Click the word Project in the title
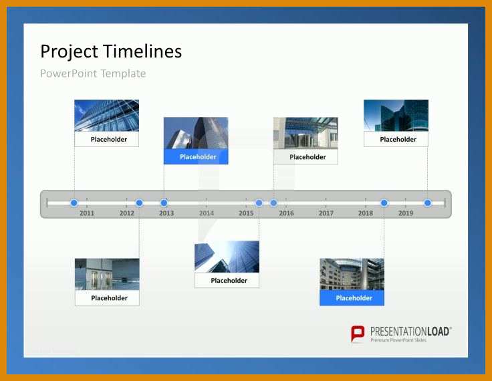click(69, 51)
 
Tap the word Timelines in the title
click(142, 51)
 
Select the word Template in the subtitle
click(123, 74)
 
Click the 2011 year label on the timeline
click(87, 213)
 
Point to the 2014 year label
click(206, 213)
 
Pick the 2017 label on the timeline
click(326, 213)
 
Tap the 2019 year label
click(406, 213)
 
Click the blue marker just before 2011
click(74, 203)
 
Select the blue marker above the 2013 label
click(164, 203)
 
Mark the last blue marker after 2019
click(427, 203)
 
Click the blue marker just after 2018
click(384, 203)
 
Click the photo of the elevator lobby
click(107, 274)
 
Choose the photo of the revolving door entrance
click(305, 133)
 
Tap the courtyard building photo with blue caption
click(352, 274)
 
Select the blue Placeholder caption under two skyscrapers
click(196, 156)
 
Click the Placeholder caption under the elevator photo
click(107, 298)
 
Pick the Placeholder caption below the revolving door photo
click(305, 156)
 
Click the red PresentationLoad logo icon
click(358, 334)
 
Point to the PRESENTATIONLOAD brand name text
click(410, 332)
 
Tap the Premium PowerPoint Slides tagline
click(398, 340)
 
